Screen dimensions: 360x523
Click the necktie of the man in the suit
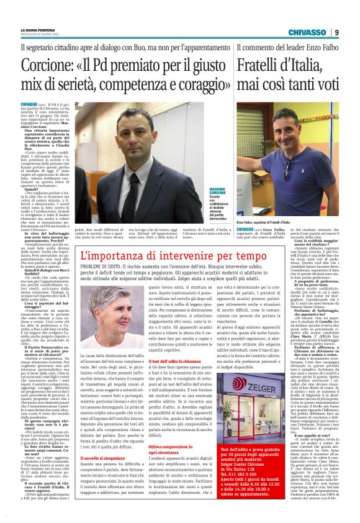[x=135, y=193]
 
